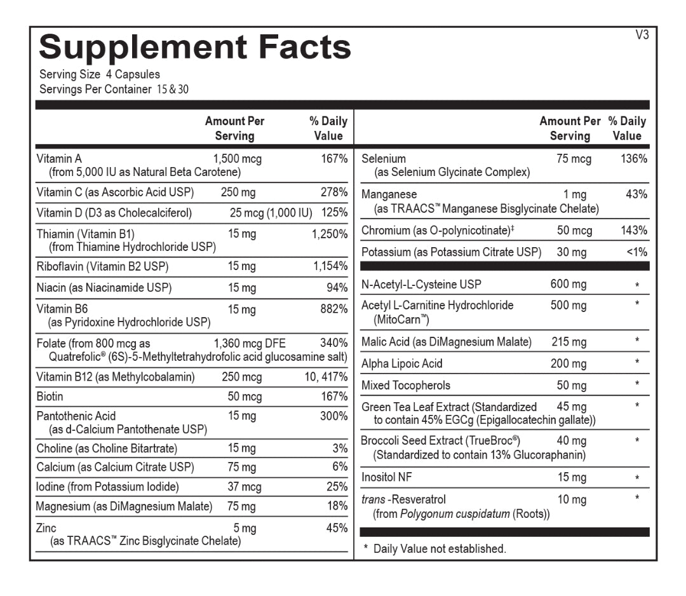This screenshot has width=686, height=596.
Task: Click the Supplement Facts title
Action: [x=195, y=48]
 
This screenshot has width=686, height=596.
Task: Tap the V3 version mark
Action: [x=642, y=36]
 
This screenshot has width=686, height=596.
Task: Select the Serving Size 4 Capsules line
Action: [x=100, y=74]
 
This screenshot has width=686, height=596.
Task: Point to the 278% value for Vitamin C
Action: [x=334, y=192]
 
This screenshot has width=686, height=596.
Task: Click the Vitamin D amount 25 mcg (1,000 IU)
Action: [x=271, y=213]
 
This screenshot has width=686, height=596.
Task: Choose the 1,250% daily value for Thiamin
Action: [x=330, y=234]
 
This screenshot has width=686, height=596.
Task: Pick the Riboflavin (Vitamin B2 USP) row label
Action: [x=102, y=266]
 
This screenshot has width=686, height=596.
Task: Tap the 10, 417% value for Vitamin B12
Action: [x=326, y=377]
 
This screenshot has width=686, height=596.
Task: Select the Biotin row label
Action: [x=50, y=396]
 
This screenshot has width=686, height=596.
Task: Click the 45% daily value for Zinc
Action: [x=337, y=528]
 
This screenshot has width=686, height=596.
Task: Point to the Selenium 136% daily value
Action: [x=634, y=159]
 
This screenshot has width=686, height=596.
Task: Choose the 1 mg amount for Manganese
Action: [x=575, y=194]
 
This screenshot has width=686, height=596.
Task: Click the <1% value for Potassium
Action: [x=637, y=252]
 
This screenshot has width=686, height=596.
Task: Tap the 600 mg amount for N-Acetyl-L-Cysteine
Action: [x=568, y=284]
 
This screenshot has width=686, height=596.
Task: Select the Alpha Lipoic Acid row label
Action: [x=401, y=363]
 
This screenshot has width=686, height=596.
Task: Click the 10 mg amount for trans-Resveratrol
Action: [x=571, y=499]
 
